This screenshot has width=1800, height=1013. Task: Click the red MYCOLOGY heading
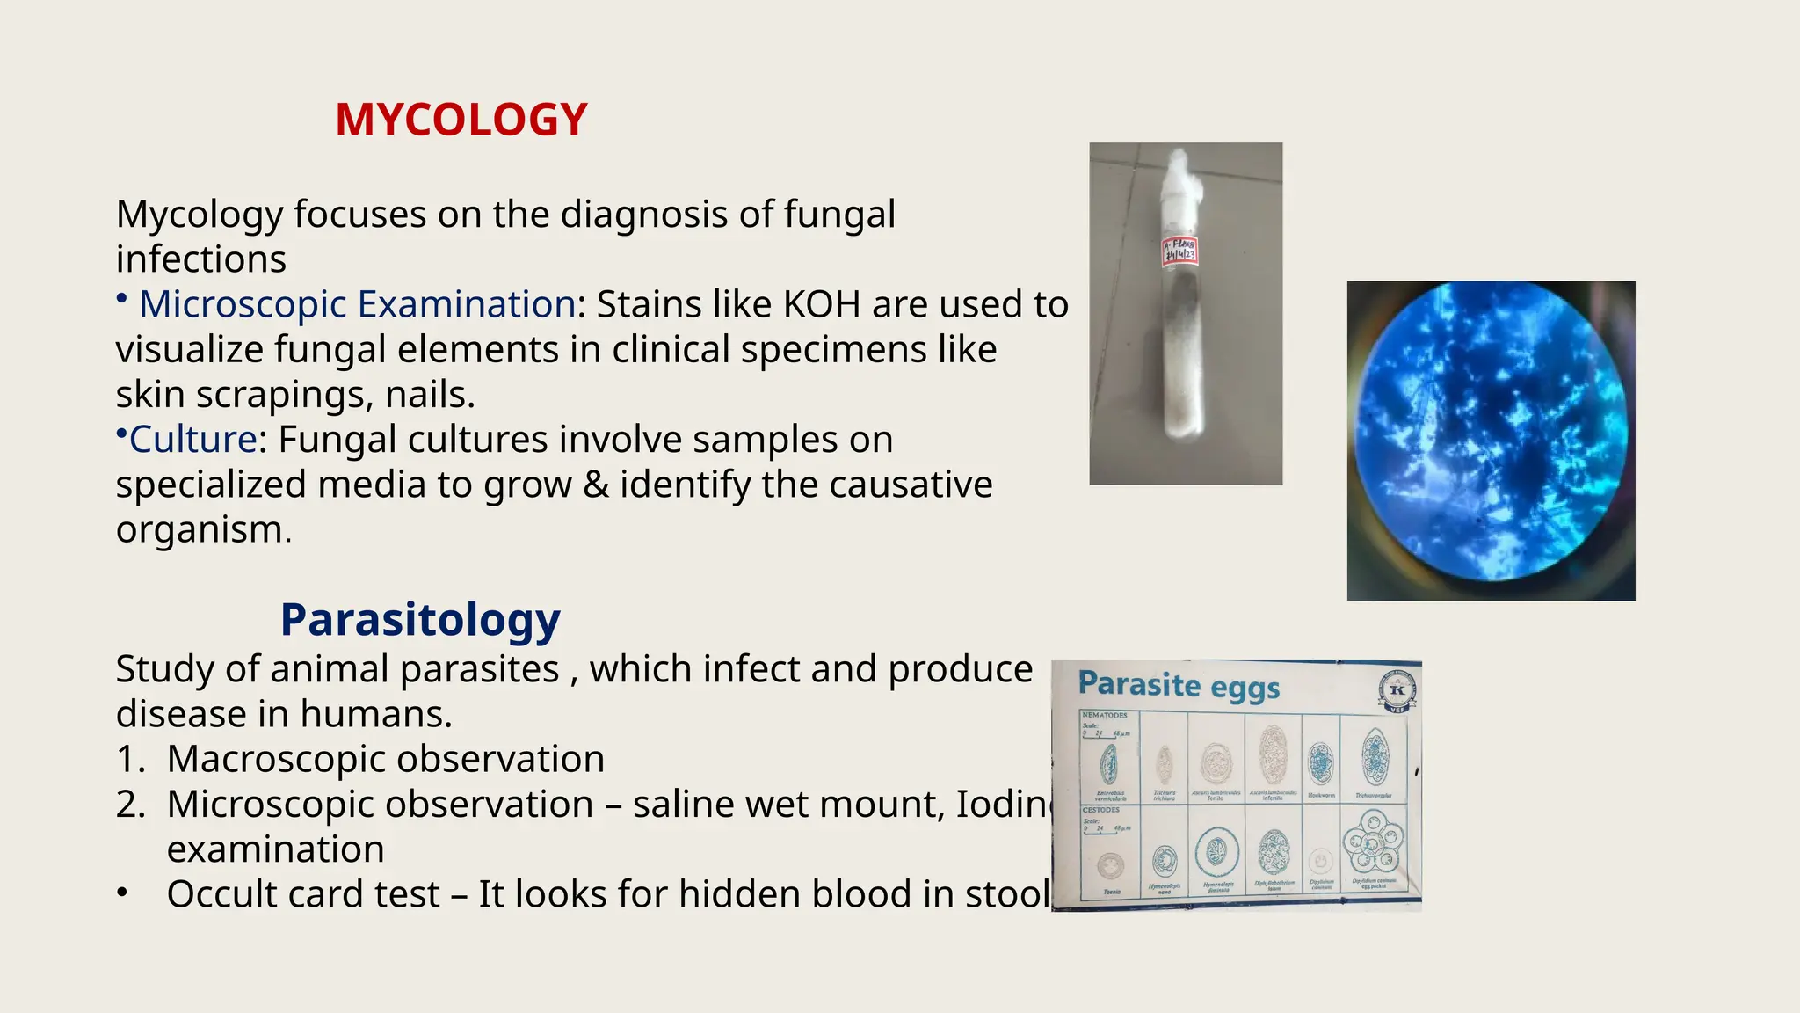(x=461, y=120)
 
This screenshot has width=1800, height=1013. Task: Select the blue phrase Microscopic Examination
(x=357, y=304)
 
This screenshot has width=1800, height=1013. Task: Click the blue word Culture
(x=192, y=439)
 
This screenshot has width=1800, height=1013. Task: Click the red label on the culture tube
(x=1179, y=251)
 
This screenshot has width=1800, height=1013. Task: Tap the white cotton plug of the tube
(x=1179, y=180)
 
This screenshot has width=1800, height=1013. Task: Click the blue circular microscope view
(x=1491, y=434)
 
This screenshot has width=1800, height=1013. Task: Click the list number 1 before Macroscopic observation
(x=129, y=759)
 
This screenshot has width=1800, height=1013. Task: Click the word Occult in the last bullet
(x=223, y=894)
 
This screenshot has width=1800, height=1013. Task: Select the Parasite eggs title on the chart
(x=1178, y=685)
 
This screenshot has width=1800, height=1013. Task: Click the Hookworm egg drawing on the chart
(x=1320, y=762)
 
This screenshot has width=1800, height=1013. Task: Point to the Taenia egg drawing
(x=1111, y=866)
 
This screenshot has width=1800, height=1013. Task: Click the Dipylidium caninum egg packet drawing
(x=1373, y=842)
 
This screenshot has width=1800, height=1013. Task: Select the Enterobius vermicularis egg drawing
(x=1109, y=763)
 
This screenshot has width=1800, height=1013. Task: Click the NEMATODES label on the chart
(x=1105, y=716)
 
